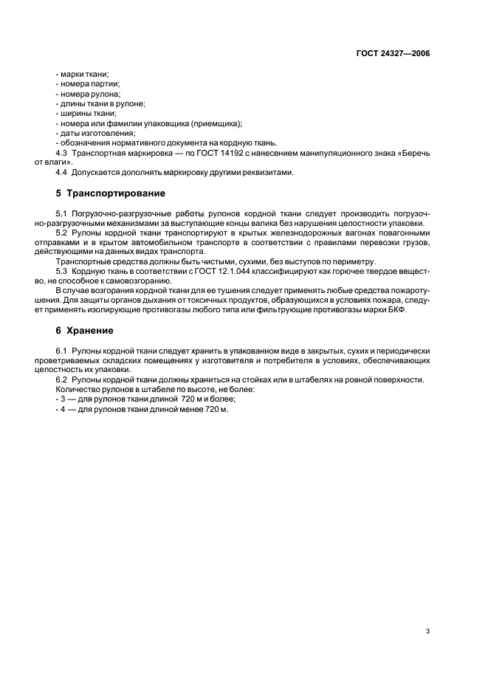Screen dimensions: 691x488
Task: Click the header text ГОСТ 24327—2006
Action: click(394, 54)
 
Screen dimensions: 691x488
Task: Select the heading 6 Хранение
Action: click(76, 330)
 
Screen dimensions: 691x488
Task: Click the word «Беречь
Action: click(413, 151)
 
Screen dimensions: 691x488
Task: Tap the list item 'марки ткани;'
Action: click(84, 75)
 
